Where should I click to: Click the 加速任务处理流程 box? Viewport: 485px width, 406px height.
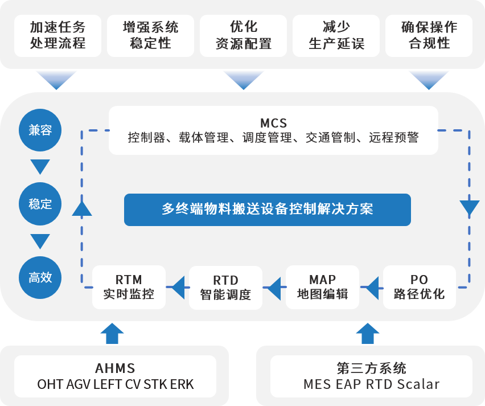point(57,35)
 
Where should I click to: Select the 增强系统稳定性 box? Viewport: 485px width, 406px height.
point(150,35)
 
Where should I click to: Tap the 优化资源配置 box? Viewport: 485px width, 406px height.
point(243,35)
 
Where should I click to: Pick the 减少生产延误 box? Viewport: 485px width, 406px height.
point(336,35)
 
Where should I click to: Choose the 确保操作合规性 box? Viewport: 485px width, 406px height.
point(429,35)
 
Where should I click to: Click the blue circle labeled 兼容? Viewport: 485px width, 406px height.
point(40,130)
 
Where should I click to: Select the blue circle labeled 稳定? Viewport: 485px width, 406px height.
point(40,203)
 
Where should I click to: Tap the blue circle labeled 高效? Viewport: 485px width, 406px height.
point(40,277)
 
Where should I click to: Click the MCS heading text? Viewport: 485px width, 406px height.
point(273,122)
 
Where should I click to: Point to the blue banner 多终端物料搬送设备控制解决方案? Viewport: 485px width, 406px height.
point(267,209)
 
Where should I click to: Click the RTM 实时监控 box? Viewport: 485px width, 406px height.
point(129,287)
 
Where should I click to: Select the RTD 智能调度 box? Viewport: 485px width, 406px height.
point(225,287)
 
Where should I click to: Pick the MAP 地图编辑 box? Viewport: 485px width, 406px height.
point(322,287)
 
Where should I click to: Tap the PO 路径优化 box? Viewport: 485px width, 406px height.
point(419,287)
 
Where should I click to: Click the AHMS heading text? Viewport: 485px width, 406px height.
point(115,368)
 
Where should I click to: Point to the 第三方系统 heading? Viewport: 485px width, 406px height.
point(371,368)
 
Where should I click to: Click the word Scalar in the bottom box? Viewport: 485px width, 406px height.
point(418,384)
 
